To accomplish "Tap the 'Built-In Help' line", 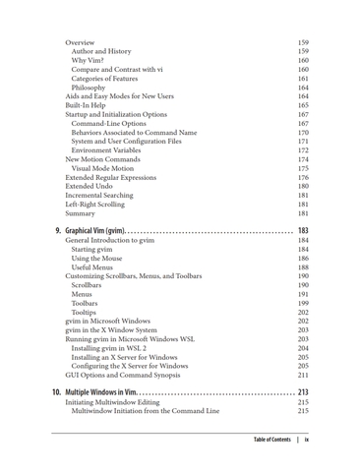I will pyautogui.click(x=88, y=105).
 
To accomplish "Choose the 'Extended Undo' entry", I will pyautogui.click(x=89, y=186).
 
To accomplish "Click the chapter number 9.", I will pyautogui.click(x=57, y=230).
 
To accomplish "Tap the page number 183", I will pyautogui.click(x=303, y=230).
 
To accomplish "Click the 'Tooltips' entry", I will pyautogui.click(x=90, y=312).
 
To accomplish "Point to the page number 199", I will pyautogui.click(x=303, y=303).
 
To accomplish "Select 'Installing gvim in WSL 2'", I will pyautogui.click(x=114, y=348).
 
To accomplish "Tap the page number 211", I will pyautogui.click(x=303, y=375).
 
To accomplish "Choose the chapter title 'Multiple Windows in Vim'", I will pyautogui.click(x=109, y=392).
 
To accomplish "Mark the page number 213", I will pyautogui.click(x=303, y=392).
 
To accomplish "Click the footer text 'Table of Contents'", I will pyautogui.click(x=271, y=440).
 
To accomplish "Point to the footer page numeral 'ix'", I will pyautogui.click(x=308, y=440).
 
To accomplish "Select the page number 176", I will pyautogui.click(x=303, y=177).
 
